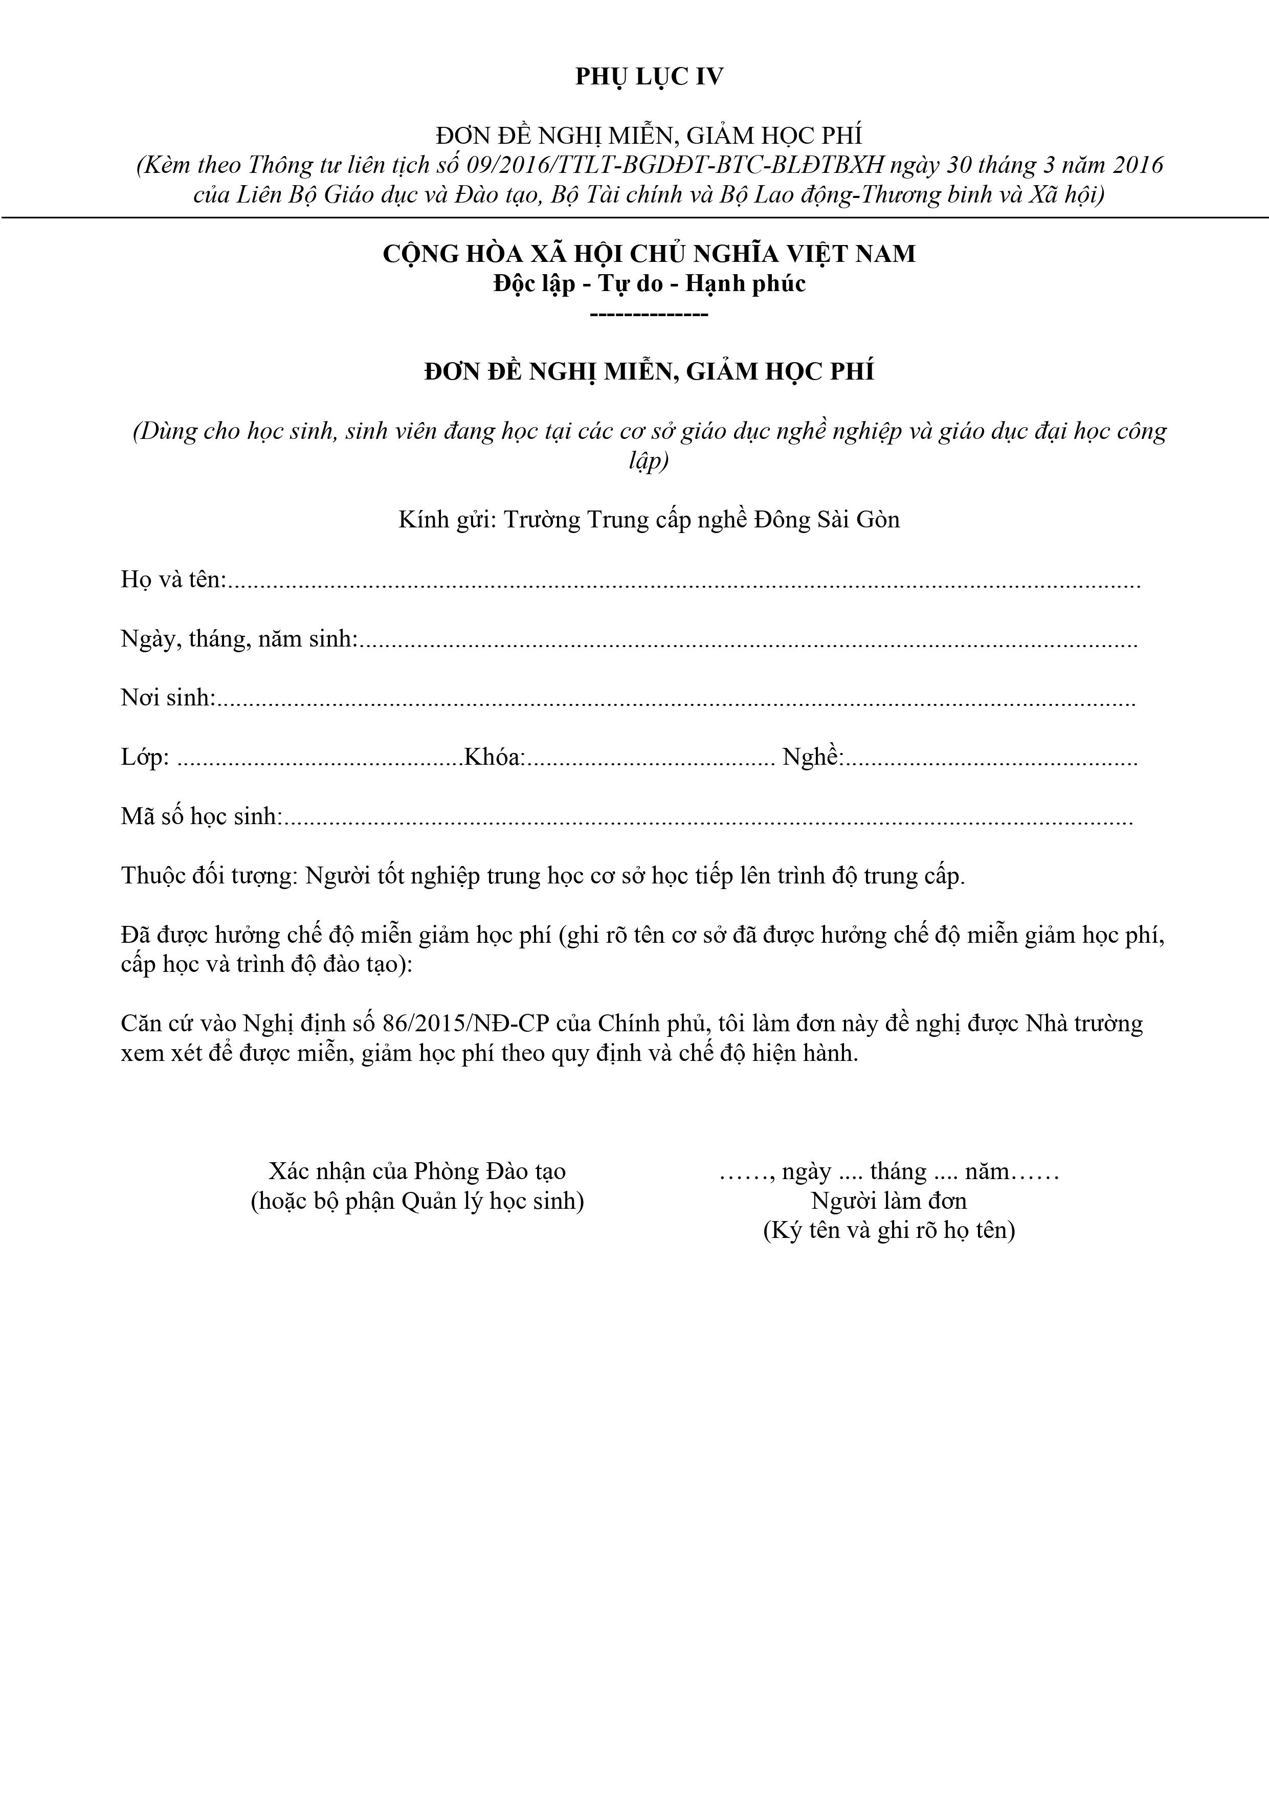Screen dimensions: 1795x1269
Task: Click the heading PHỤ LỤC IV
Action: pos(649,77)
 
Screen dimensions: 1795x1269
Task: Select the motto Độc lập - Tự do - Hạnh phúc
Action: pos(649,283)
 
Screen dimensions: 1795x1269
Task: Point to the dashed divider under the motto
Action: pos(649,314)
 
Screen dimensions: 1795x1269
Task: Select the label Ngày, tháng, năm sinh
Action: pos(238,639)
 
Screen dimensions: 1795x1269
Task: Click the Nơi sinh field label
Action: pos(167,697)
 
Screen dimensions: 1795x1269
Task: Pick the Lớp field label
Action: pos(145,758)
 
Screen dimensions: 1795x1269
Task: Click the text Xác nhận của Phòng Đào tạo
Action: pos(417,1171)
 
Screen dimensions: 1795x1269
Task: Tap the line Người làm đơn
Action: pos(889,1201)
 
